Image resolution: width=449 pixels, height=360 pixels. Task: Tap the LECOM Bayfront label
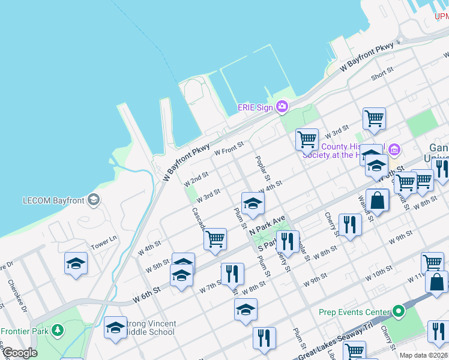[x=52, y=200]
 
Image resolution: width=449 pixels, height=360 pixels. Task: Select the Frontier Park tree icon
[x=58, y=331]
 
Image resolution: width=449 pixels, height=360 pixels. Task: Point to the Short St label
[x=382, y=74]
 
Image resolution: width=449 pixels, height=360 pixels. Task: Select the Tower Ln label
[x=104, y=242]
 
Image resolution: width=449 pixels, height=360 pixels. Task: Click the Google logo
[x=19, y=353]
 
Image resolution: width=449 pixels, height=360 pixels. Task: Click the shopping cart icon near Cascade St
[x=215, y=239]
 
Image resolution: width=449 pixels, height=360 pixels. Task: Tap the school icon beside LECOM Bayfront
[x=93, y=199]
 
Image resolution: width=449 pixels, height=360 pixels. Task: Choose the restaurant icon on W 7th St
[x=232, y=273]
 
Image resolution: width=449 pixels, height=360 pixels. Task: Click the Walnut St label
[x=366, y=208]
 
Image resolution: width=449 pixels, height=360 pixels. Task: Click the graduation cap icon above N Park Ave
[x=253, y=203]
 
